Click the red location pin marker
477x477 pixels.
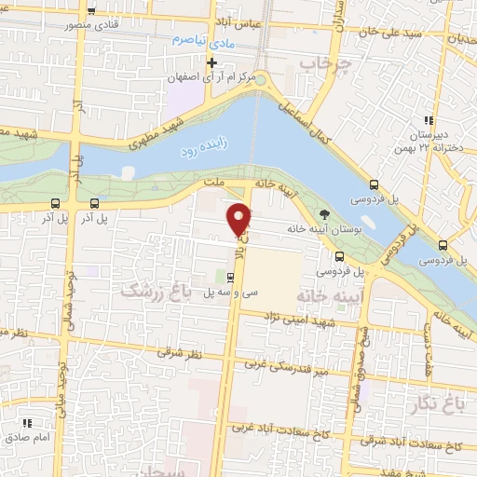pyautogui.click(x=239, y=218)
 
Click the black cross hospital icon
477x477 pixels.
pyautogui.click(x=211, y=62)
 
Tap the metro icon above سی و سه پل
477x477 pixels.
pyautogui.click(x=229, y=277)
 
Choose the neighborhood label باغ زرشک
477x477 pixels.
pyautogui.click(x=154, y=293)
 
